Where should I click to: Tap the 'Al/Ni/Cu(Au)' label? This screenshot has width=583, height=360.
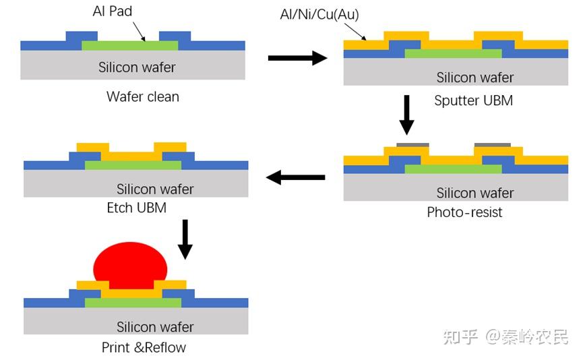coord(319,14)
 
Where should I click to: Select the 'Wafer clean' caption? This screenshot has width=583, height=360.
coord(143,96)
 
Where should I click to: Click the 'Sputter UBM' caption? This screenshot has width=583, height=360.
coord(473,100)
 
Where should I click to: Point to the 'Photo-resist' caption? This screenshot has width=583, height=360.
coord(464,212)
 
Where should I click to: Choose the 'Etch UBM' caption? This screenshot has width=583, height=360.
coord(136,208)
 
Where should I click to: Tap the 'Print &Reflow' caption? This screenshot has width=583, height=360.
coord(144,348)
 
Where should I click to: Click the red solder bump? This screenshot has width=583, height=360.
coord(130,265)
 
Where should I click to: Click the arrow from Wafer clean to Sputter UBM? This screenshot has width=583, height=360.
coord(297,59)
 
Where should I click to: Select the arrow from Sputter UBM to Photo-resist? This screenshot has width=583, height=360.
coord(406,115)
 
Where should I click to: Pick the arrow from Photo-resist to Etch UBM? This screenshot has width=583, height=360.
coord(296,177)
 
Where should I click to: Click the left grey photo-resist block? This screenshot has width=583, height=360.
coord(412,144)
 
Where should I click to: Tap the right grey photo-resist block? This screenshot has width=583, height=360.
coord(492,144)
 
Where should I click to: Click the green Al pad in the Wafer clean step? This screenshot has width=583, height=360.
coord(130,45)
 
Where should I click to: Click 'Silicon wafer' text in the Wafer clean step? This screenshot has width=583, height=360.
coord(137,67)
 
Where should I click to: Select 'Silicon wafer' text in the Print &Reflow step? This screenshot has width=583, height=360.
coord(155,327)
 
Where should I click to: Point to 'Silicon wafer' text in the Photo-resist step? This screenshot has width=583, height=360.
coord(475,193)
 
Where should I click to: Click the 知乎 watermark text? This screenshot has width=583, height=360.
coord(460,336)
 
